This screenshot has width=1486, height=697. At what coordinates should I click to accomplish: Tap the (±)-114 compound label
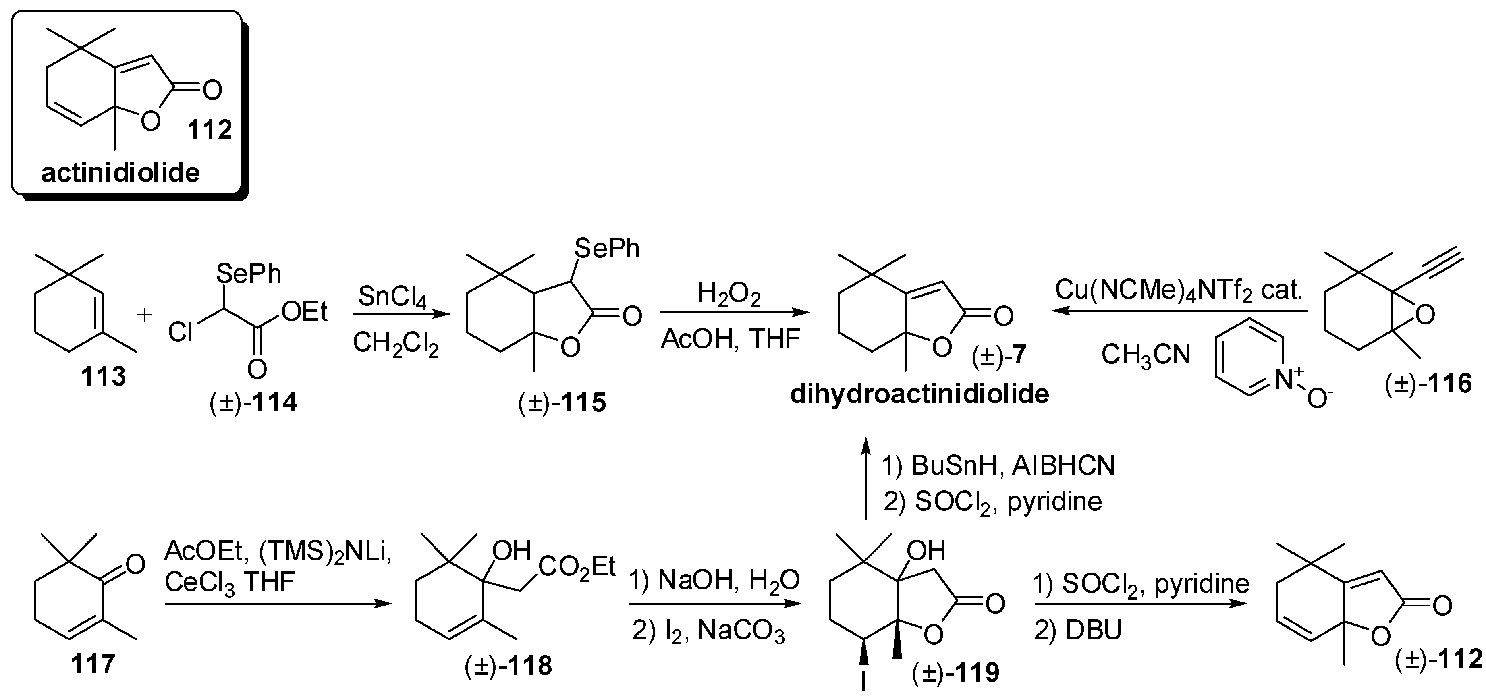253,402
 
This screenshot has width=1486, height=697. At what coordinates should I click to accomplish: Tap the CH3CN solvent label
1146,354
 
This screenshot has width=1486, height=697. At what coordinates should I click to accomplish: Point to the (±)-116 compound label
1428,384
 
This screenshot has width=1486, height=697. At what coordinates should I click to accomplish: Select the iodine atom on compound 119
863,682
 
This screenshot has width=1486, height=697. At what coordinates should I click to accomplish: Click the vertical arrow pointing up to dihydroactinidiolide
865,479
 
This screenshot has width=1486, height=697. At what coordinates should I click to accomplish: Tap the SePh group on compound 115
607,249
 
